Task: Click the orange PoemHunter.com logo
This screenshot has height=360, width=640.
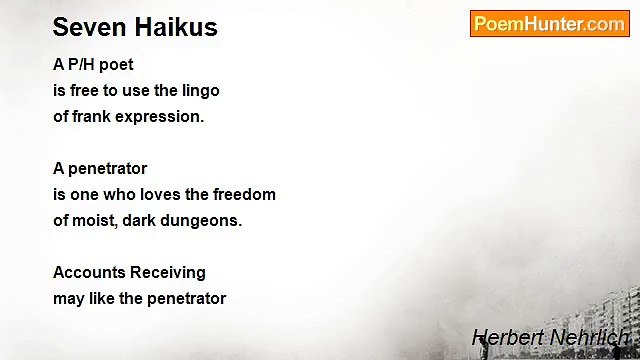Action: coord(549,24)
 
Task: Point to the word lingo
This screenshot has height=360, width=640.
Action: coord(198,91)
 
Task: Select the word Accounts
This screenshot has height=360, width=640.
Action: coord(89,273)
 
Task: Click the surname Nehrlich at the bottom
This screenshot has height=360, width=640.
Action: coord(589,338)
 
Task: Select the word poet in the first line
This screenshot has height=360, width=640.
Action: coord(116,65)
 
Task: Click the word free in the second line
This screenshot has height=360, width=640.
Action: coord(85,91)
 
